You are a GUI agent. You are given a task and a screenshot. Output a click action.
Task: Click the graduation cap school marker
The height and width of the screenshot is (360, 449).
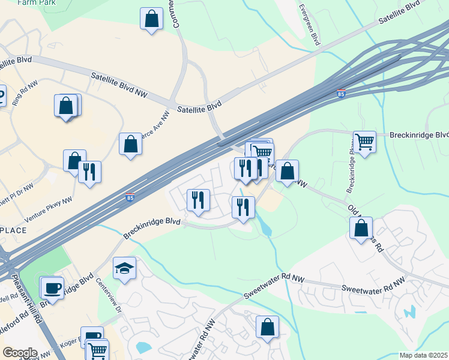pos(124,268)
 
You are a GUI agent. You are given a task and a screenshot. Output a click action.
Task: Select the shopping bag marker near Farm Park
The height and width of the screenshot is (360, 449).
pos(151,19)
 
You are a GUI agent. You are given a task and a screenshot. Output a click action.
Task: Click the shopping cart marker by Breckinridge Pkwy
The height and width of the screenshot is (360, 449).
pos(364,142)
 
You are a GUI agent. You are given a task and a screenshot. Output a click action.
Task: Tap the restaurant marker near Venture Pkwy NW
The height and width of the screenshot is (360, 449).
pos(89,172)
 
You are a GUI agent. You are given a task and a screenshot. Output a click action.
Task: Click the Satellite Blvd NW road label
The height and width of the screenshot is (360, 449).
pos(119,85)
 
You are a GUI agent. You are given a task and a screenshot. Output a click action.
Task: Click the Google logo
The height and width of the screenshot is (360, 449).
pos(19,353)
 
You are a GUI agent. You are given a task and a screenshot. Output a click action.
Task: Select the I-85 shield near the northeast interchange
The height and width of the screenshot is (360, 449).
pos(341,94)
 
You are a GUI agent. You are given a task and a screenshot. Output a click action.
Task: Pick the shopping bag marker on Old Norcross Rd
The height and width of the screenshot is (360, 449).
pos(361,228)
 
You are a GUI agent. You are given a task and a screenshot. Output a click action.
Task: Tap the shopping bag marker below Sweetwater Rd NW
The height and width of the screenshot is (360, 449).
pos(267,327)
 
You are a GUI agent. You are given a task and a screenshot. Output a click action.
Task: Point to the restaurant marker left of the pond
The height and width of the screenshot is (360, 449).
pos(243,208)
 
